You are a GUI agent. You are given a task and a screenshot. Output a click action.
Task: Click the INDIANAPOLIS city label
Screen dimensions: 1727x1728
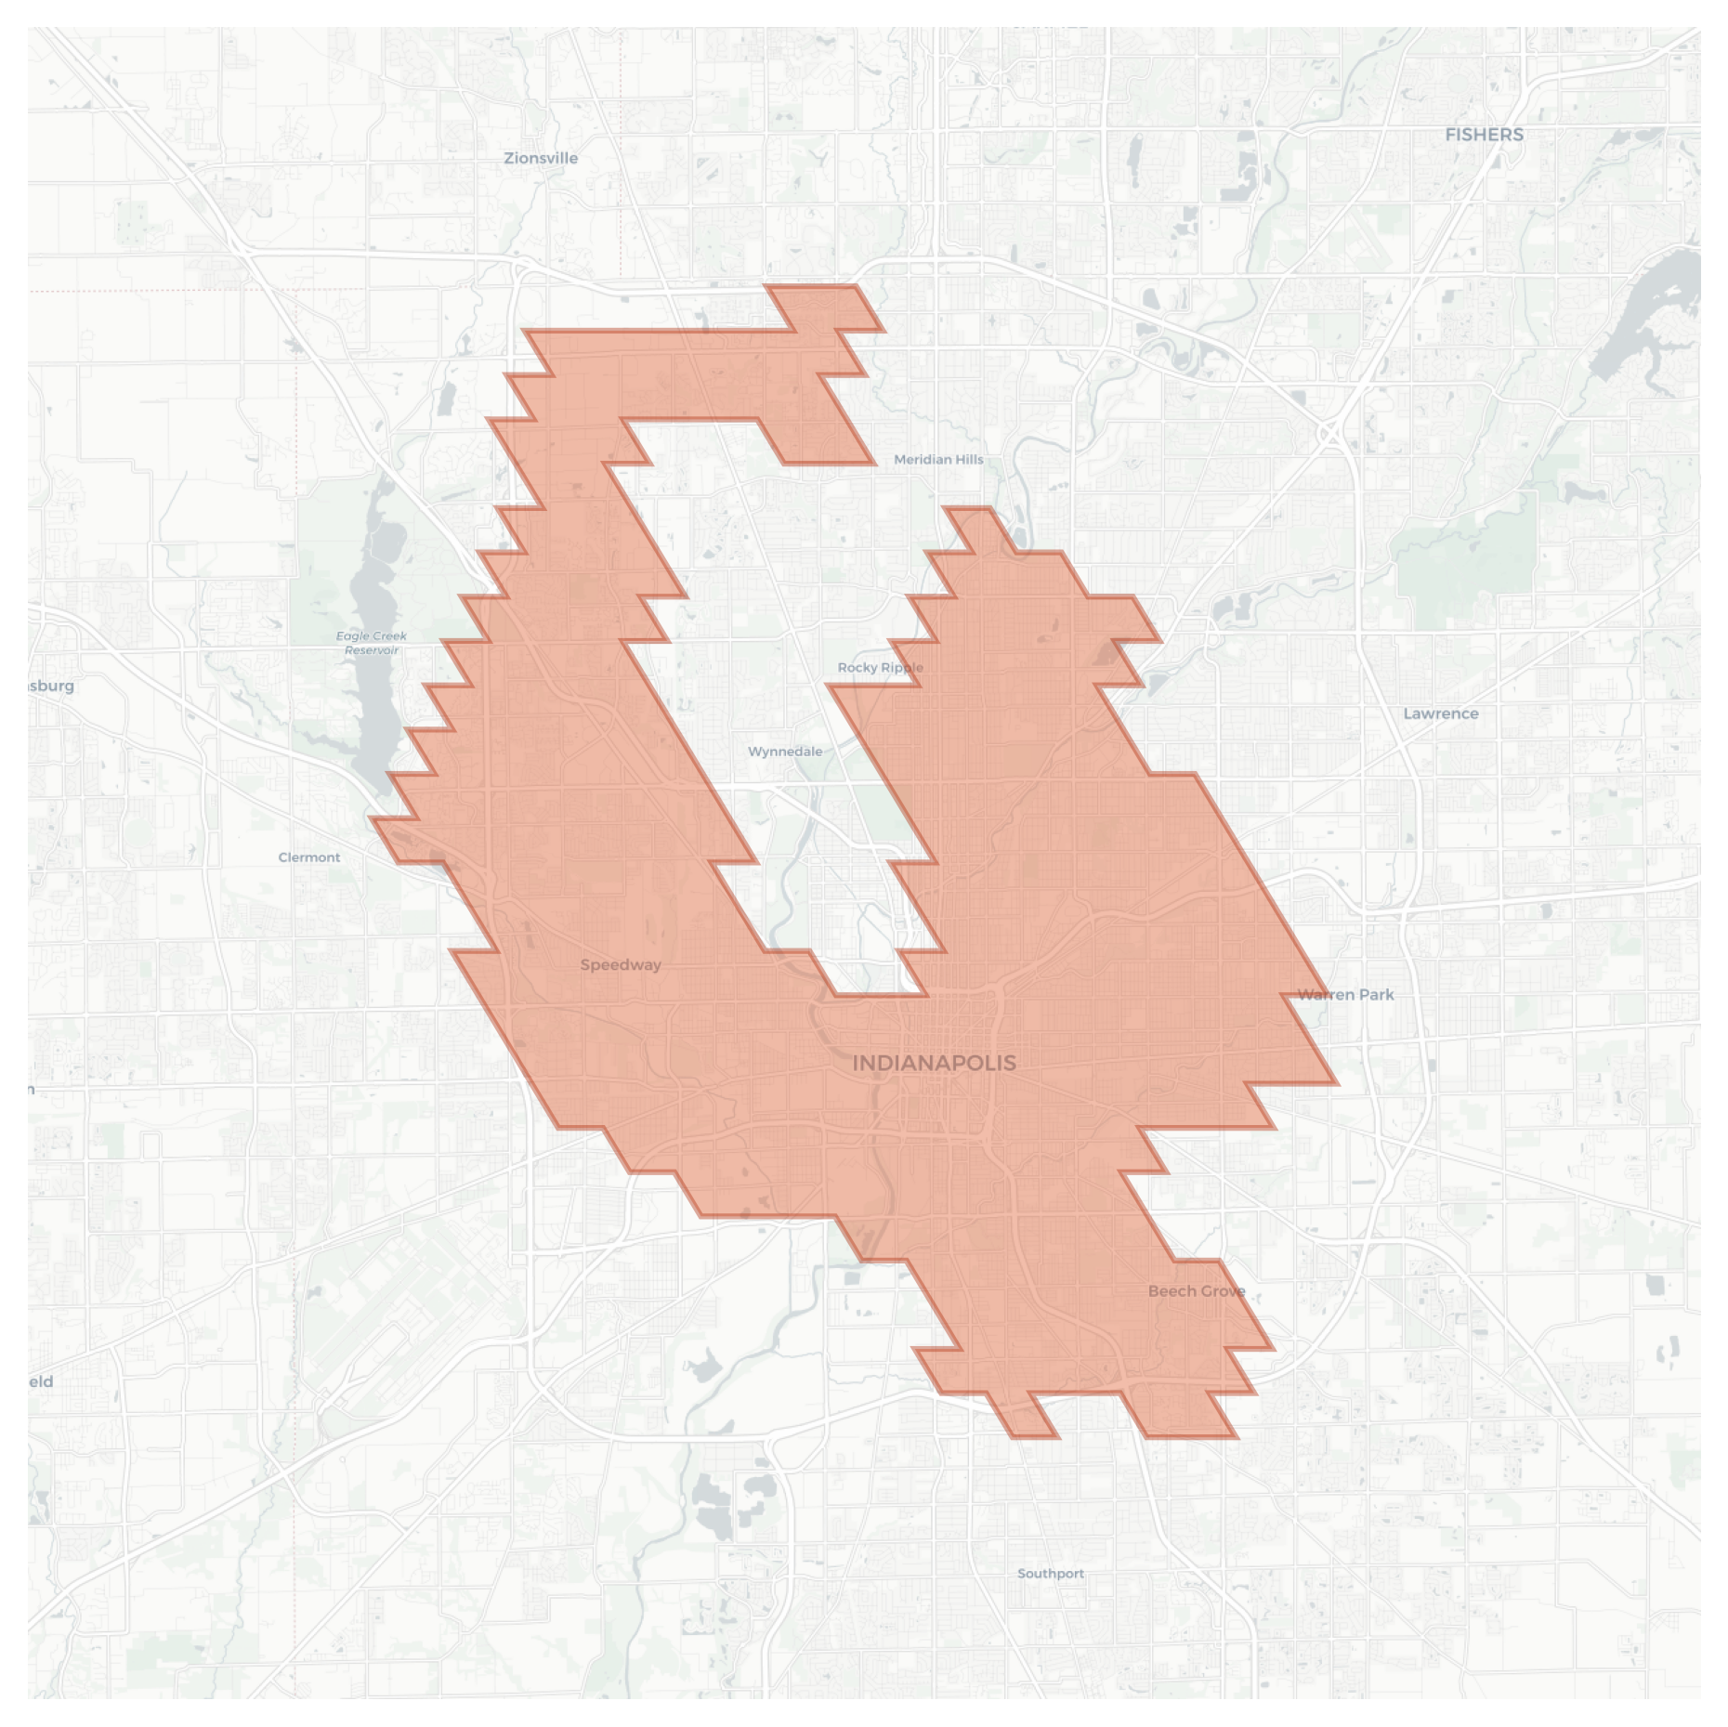[x=934, y=1063]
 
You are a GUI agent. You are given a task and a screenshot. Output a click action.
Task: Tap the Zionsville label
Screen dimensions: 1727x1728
[x=541, y=158]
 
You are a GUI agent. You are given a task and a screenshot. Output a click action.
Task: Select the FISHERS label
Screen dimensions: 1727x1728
[x=1484, y=135]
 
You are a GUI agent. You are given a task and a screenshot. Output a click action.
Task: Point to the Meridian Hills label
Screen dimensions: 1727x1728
[x=938, y=459]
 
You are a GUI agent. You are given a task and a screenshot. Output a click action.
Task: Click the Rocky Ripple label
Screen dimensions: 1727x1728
[x=880, y=667]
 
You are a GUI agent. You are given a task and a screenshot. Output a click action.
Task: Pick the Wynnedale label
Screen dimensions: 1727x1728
[x=785, y=751]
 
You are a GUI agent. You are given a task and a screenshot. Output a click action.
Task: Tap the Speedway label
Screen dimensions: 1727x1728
[x=621, y=964]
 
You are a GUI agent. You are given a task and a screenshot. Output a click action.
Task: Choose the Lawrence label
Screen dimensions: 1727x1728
[x=1440, y=713]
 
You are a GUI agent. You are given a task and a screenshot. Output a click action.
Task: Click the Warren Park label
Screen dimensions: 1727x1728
[x=1345, y=994]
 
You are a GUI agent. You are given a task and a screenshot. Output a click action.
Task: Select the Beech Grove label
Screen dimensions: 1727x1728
[x=1197, y=1290]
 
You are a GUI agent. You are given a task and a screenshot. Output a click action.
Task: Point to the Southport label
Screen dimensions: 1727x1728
[x=1050, y=1573]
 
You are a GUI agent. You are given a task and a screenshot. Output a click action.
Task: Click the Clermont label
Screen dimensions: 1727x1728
[x=309, y=857]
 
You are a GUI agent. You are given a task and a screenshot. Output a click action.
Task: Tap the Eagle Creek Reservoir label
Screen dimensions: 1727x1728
[x=372, y=642]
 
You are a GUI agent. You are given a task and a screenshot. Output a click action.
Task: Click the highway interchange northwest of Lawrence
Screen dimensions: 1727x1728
[x=1330, y=432]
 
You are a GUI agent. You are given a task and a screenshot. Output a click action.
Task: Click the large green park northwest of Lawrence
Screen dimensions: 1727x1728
[x=1468, y=557]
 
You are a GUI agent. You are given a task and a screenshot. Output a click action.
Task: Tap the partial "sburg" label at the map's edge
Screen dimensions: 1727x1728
[x=51, y=686]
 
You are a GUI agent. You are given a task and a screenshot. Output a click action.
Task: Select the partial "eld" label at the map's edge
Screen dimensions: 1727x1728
[x=41, y=1381]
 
